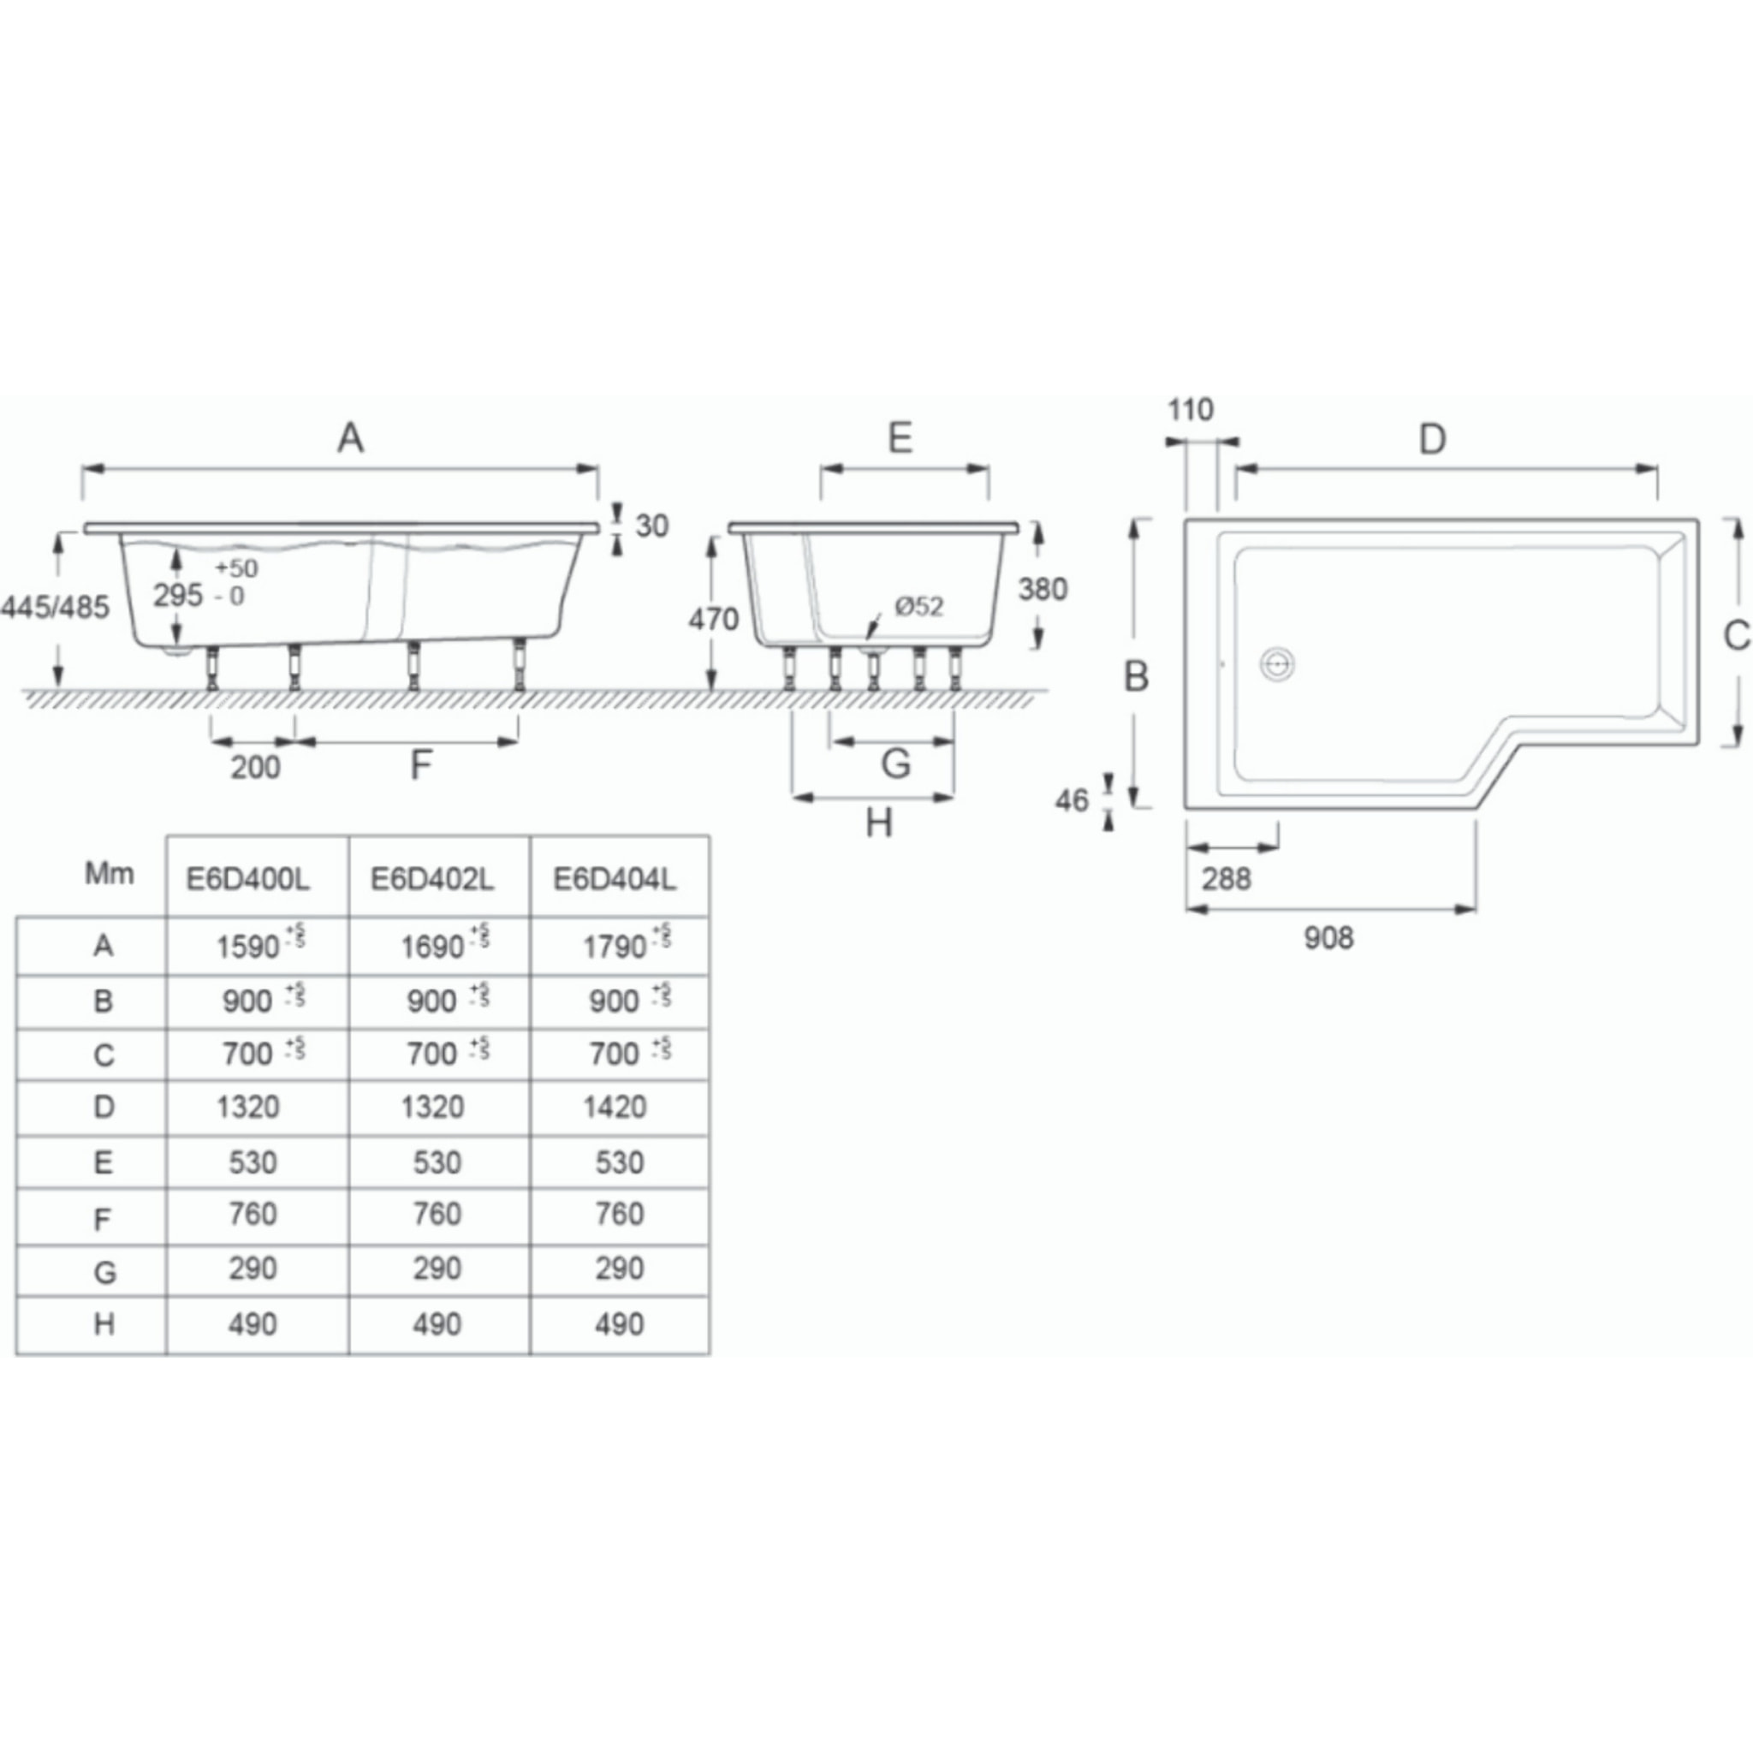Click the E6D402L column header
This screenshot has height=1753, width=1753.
(x=432, y=879)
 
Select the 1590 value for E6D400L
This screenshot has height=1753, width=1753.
(x=247, y=948)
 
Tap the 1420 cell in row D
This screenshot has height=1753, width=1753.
(x=615, y=1107)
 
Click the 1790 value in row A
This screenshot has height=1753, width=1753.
(x=615, y=948)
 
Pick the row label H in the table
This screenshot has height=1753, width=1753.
(x=104, y=1324)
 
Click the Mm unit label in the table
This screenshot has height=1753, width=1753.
(x=109, y=874)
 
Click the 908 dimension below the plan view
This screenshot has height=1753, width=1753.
(x=1328, y=938)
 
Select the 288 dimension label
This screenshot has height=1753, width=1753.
(x=1226, y=878)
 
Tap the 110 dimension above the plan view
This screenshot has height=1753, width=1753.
(x=1190, y=410)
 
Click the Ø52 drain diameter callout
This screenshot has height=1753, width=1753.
(x=918, y=606)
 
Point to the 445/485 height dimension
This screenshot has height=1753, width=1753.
(x=56, y=606)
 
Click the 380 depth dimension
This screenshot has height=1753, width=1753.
(x=1042, y=589)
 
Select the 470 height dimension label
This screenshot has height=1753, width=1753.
(x=713, y=620)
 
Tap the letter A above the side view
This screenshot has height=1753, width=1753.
(x=350, y=439)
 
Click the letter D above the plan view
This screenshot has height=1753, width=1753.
(x=1432, y=440)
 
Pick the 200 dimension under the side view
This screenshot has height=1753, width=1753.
(x=255, y=768)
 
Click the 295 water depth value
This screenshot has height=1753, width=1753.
(x=178, y=595)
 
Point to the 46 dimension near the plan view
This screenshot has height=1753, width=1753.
(x=1072, y=800)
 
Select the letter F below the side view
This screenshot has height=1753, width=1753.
(x=420, y=766)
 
